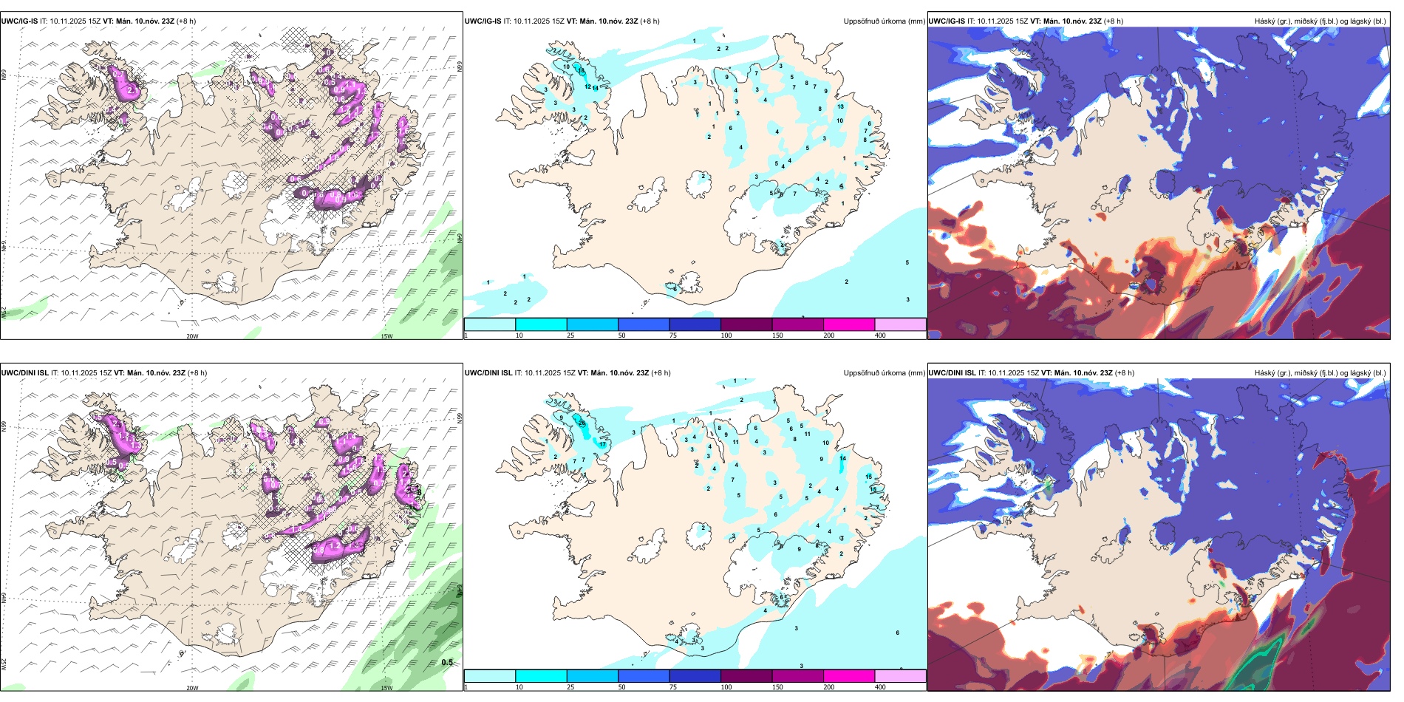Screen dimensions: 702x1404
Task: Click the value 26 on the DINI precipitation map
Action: pyautogui.click(x=582, y=423)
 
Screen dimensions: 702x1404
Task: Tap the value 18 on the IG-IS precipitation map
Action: pyautogui.click(x=581, y=71)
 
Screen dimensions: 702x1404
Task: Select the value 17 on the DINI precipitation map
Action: pyautogui.click(x=603, y=445)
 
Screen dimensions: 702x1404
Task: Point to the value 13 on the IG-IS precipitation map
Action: pyautogui.click(x=840, y=107)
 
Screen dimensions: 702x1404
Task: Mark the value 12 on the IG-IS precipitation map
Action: pyautogui.click(x=588, y=87)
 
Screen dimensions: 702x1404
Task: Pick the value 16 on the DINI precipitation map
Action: pyautogui.click(x=873, y=489)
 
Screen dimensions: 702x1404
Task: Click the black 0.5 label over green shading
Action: pyautogui.click(x=447, y=662)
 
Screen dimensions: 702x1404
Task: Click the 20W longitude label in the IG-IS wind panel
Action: pyautogui.click(x=192, y=336)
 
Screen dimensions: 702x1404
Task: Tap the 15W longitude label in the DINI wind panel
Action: pyautogui.click(x=386, y=688)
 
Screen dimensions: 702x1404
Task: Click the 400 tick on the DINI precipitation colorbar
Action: pyautogui.click(x=880, y=687)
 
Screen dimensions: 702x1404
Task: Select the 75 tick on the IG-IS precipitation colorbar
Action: pyautogui.click(x=674, y=335)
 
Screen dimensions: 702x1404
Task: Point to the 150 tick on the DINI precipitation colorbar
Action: pyautogui.click(x=777, y=687)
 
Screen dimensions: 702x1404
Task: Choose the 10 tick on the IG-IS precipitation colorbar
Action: pyautogui.click(x=519, y=335)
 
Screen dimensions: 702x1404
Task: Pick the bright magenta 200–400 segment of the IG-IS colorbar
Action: pyautogui.click(x=848, y=324)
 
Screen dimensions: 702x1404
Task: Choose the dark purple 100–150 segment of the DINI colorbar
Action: pyautogui.click(x=746, y=676)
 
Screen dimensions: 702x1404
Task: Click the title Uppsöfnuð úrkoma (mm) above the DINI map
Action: pyautogui.click(x=884, y=373)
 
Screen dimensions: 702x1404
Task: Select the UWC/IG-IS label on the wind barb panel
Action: pyautogui.click(x=19, y=21)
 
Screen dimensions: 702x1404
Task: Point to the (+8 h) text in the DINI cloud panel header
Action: pyautogui.click(x=1124, y=373)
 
